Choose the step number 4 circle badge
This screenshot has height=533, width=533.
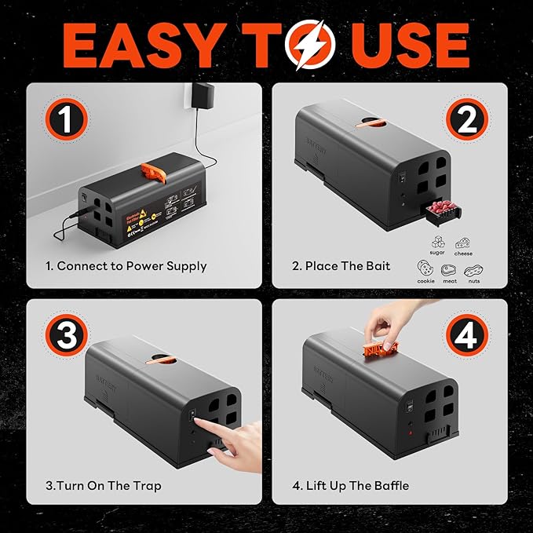[467, 337]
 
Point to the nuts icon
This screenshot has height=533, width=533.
[473, 269]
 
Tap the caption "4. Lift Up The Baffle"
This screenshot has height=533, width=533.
[350, 486]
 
